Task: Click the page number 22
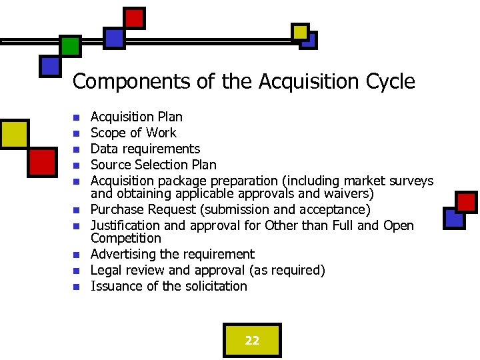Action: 252,341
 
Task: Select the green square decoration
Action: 70,46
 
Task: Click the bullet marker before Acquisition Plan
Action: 77,117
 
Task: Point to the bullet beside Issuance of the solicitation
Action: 77,287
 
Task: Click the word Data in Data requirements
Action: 103,149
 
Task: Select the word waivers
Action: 351,194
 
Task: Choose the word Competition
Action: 126,238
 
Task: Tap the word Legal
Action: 105,270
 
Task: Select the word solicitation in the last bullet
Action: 216,286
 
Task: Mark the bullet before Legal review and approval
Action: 77,271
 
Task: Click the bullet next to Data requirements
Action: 77,149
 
